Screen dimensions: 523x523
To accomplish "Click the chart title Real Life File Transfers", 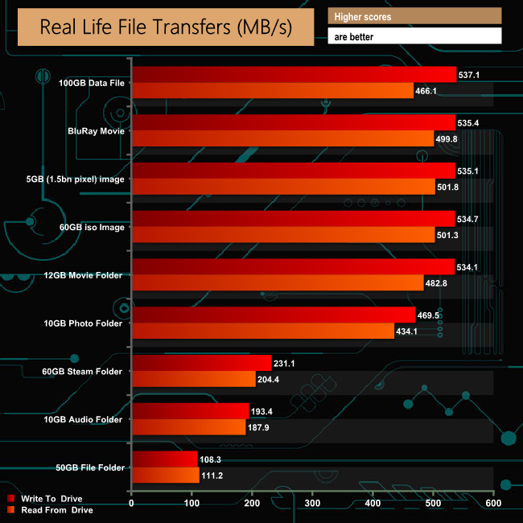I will click(x=166, y=27).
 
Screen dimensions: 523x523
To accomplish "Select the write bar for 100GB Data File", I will click(x=294, y=75).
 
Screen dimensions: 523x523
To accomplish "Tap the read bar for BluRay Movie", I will click(x=282, y=138).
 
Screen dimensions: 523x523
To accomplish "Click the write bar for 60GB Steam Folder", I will click(x=201, y=364).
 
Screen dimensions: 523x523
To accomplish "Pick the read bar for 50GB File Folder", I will click(x=165, y=476).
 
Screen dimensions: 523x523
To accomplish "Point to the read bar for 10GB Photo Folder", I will click(x=263, y=332).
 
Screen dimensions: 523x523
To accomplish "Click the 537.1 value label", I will click(x=471, y=75).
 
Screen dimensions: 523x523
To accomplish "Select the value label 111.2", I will click(x=214, y=476).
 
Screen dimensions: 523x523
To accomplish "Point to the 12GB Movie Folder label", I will click(x=84, y=275).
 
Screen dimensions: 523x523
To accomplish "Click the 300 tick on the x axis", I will click(x=312, y=504).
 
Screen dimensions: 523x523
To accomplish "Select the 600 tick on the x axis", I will click(x=492, y=504).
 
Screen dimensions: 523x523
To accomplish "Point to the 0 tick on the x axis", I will click(x=132, y=504).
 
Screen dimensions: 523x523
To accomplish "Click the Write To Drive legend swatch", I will click(x=10, y=498).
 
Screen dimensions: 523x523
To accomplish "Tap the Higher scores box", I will click(x=414, y=16).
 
